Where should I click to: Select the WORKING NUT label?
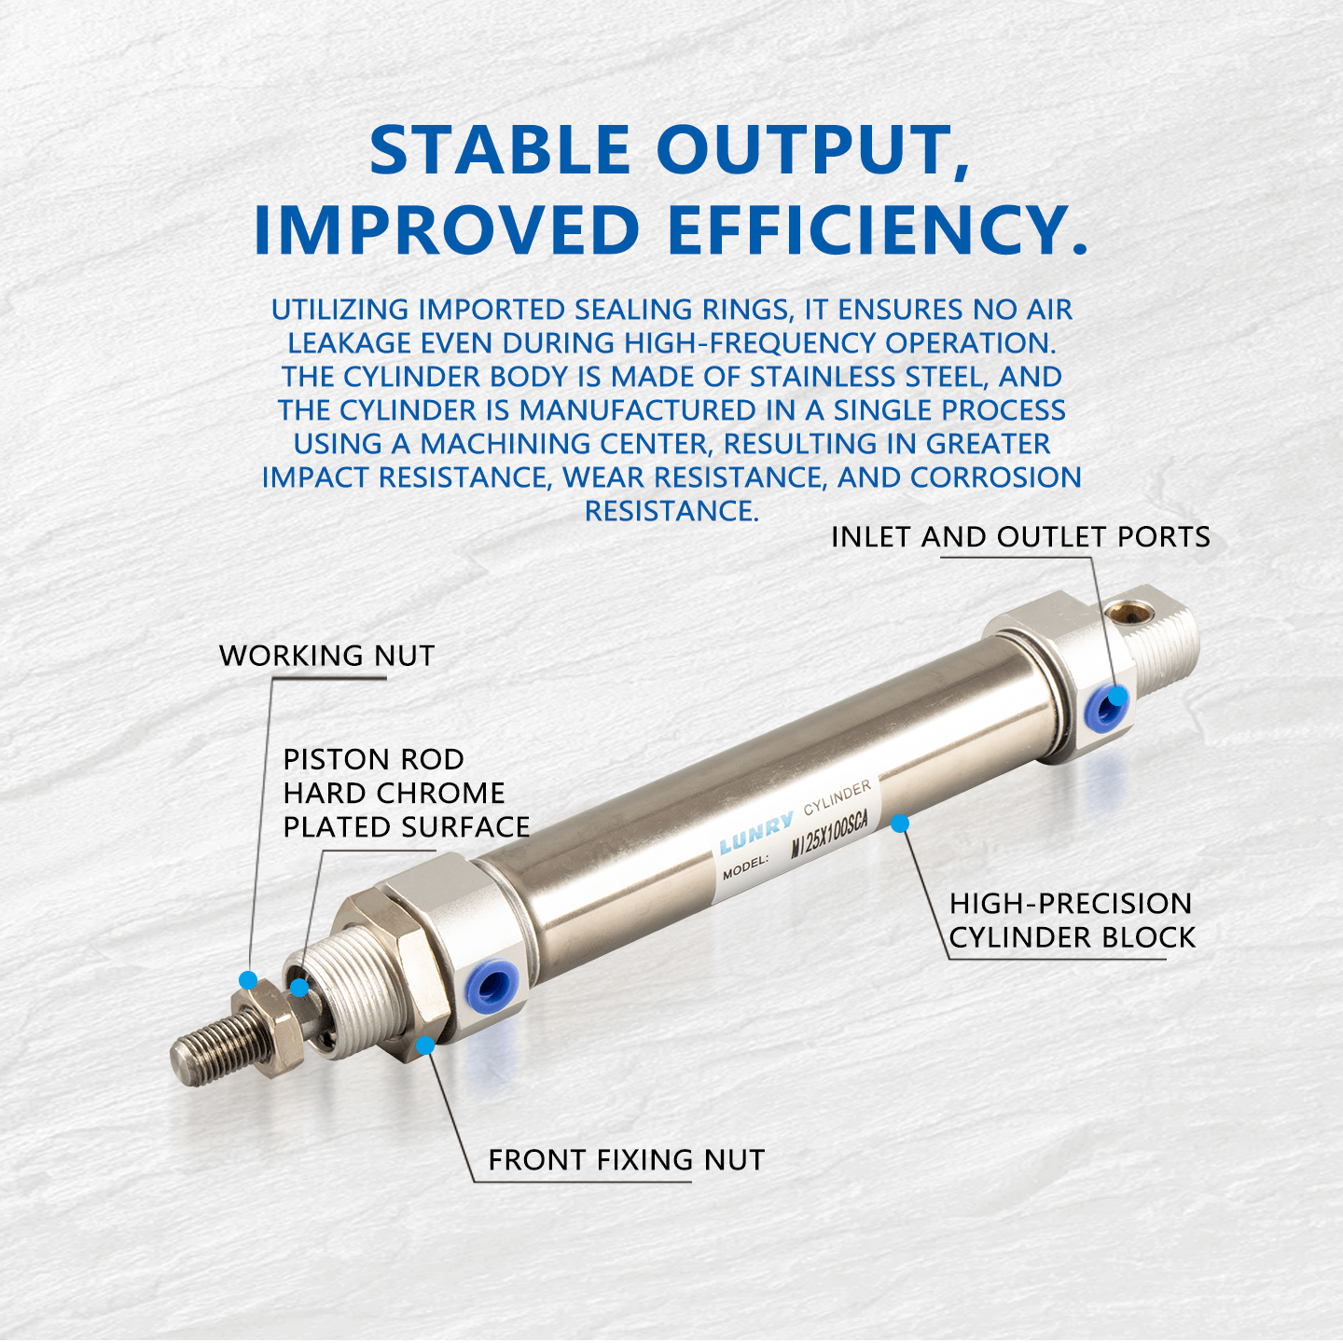click(x=326, y=656)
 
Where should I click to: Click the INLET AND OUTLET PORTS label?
click(x=1020, y=537)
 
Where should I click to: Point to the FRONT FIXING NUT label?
click(x=626, y=1160)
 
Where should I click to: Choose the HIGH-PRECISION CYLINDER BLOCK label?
click(x=1072, y=921)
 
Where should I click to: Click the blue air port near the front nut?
click(x=492, y=983)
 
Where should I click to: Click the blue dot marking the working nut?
click(x=248, y=980)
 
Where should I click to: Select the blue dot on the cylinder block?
click(x=900, y=824)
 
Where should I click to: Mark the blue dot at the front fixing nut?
click(x=425, y=1045)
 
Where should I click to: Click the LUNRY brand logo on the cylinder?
click(x=755, y=832)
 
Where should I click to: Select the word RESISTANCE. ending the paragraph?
click(x=671, y=511)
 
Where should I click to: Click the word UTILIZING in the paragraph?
click(x=340, y=310)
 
